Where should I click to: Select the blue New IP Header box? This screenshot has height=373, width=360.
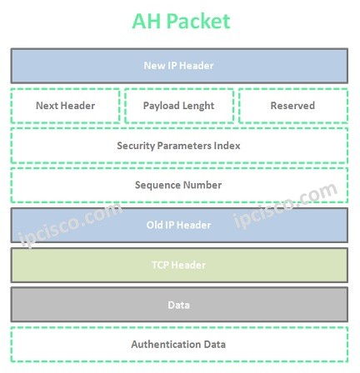179,66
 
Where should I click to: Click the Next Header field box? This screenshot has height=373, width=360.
65,106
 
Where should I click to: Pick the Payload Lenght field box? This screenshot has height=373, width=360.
178,106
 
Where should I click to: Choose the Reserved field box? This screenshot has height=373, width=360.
292,106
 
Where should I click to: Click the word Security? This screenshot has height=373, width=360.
137,146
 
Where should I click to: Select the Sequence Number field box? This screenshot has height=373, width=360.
179,185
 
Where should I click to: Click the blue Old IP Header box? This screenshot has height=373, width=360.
179,225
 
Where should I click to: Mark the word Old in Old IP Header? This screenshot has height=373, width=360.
155,225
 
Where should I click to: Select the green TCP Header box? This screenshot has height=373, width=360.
179,265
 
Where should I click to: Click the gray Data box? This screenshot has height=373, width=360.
179,305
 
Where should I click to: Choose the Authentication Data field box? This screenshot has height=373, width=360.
179,344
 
